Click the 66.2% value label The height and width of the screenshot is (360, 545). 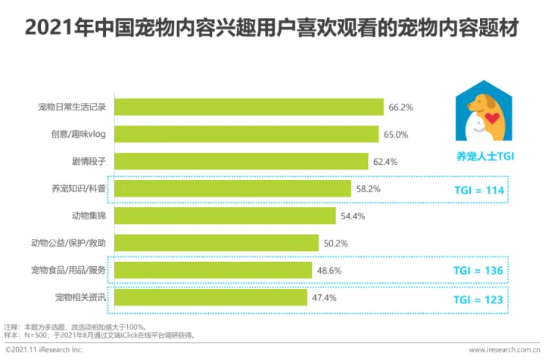pyautogui.click(x=400, y=107)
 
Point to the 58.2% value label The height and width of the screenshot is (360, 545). pyautogui.click(x=369, y=189)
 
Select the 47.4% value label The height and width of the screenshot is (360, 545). pyautogui.click(x=324, y=297)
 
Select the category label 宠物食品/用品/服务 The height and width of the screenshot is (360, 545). pyautogui.click(x=73, y=270)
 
